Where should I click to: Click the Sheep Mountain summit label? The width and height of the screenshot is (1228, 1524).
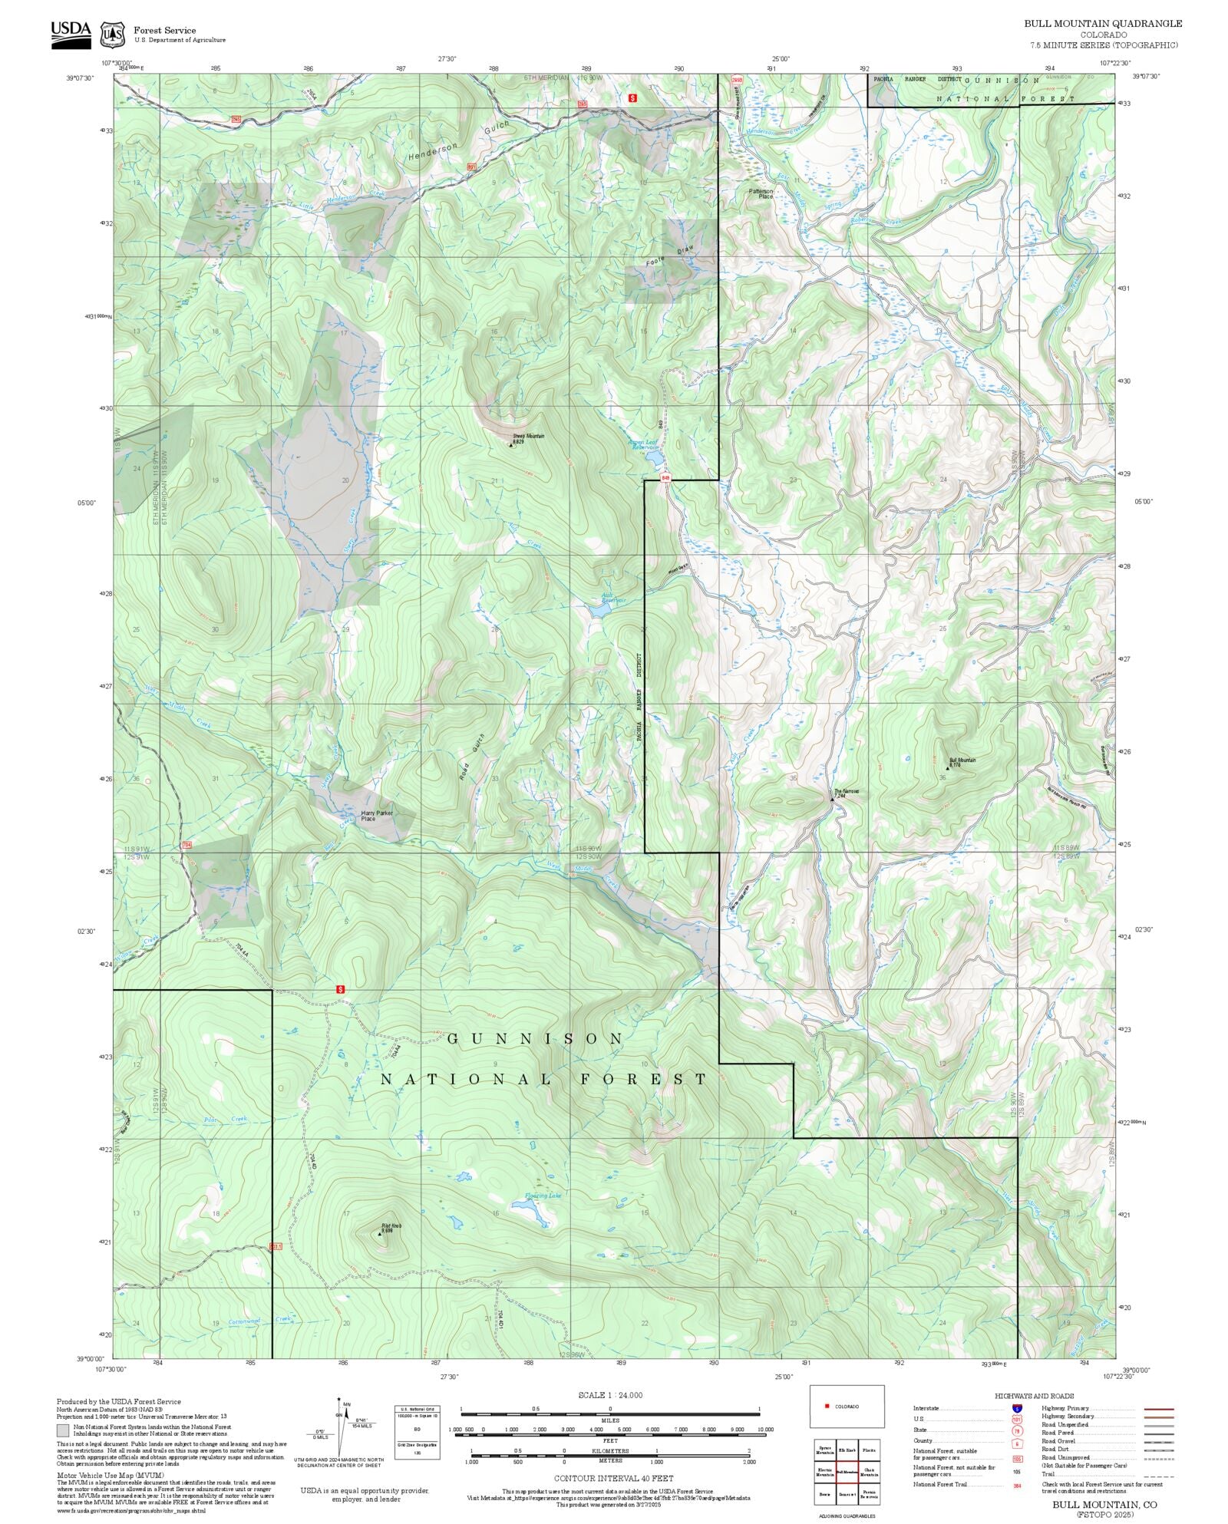pyautogui.click(x=528, y=436)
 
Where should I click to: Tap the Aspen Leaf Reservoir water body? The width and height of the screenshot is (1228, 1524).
pyautogui.click(x=655, y=458)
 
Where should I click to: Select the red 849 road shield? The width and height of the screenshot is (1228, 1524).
pyautogui.click(x=665, y=478)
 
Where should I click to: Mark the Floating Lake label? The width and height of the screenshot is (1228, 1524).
pyautogui.click(x=543, y=1196)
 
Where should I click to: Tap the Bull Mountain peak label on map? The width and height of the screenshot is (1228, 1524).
pyautogui.click(x=962, y=760)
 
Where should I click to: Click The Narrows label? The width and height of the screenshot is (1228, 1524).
pyautogui.click(x=846, y=791)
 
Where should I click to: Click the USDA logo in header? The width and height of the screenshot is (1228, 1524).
pyautogui.click(x=71, y=35)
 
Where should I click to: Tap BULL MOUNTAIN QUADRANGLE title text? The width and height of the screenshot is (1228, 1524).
pyautogui.click(x=1102, y=24)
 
